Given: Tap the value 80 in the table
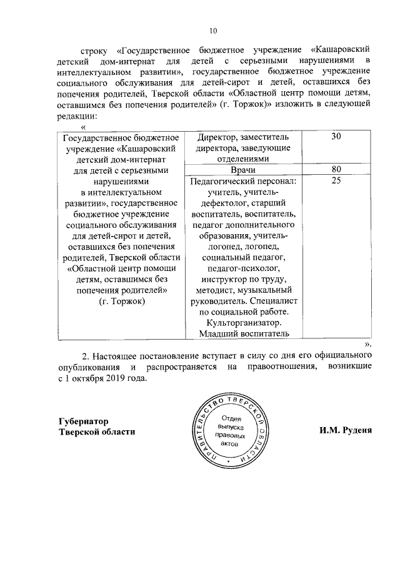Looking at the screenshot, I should click(336, 170).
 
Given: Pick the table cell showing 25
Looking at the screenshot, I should click(336, 181).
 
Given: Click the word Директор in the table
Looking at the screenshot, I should click(216, 137).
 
